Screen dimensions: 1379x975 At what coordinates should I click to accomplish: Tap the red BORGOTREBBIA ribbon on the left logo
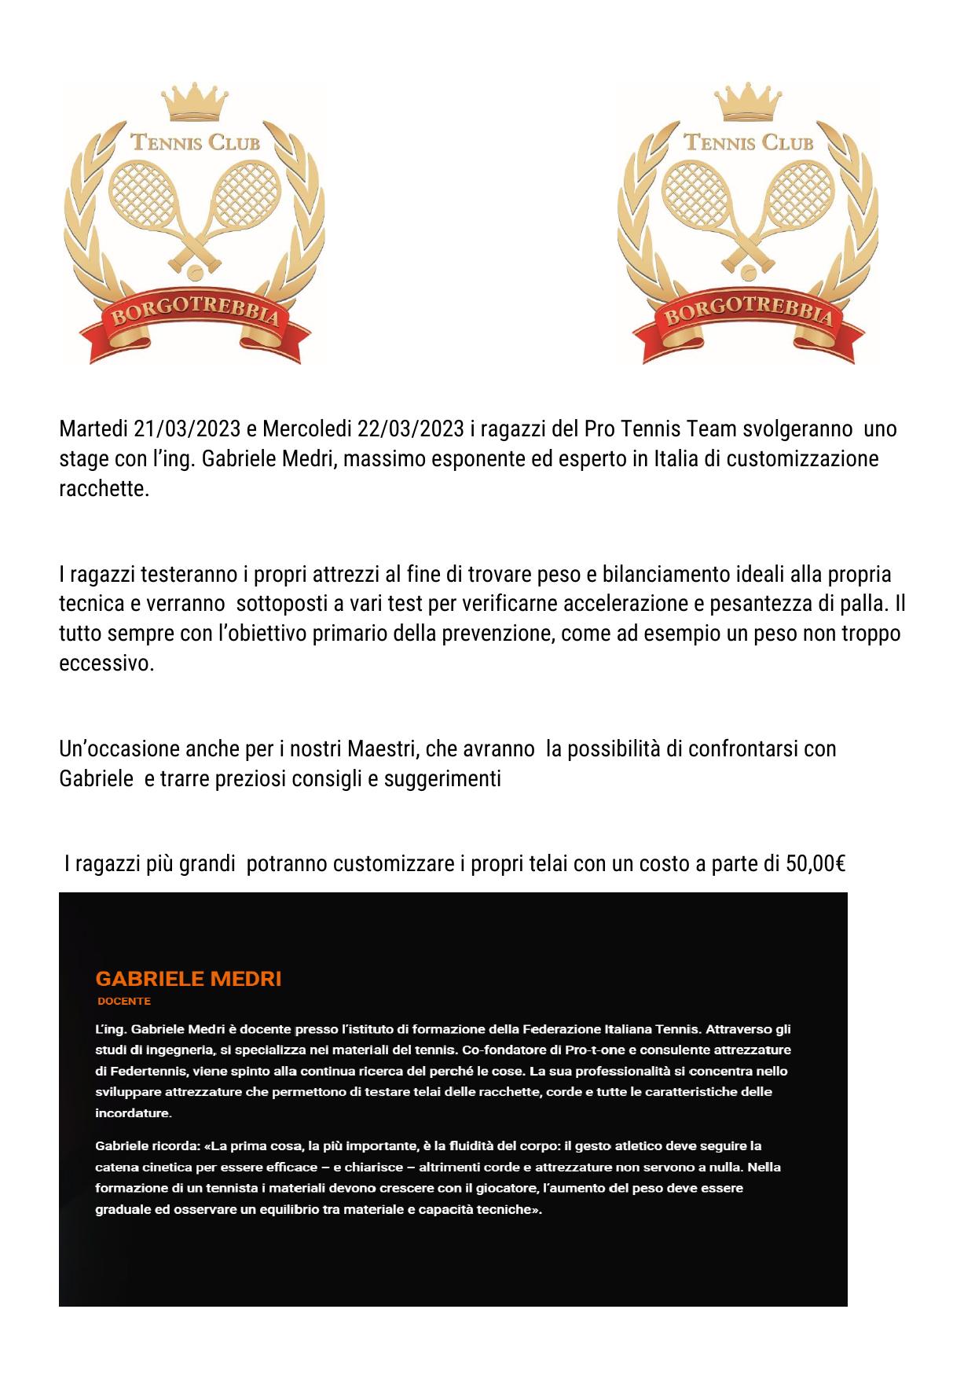[x=195, y=318]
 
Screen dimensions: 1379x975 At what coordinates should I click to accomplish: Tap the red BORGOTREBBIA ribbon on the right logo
[x=748, y=318]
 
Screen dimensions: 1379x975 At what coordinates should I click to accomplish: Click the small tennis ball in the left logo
[x=194, y=272]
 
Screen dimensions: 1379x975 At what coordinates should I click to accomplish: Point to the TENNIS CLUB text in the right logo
[x=748, y=142]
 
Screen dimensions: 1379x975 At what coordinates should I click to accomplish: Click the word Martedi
[x=94, y=429]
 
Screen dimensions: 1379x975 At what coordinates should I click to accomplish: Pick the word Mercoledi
[x=307, y=429]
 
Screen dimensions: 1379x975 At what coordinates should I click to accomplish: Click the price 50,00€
[x=815, y=864]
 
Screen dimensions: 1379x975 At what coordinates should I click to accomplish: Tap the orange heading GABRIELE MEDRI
[x=188, y=979]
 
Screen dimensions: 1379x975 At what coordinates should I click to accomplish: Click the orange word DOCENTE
[x=124, y=1002]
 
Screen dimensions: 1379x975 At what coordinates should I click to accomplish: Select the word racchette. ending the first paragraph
[x=104, y=489]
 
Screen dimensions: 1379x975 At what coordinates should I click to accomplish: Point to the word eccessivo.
[x=107, y=664]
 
